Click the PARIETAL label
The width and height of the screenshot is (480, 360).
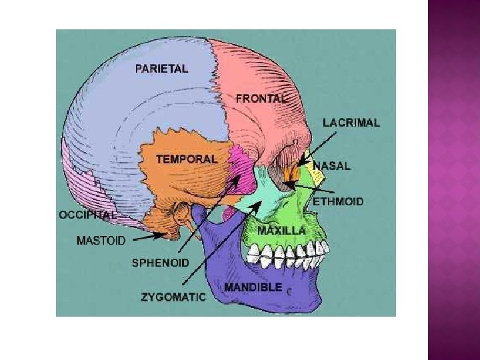coord(161,68)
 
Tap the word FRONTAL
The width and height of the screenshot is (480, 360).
coord(261,98)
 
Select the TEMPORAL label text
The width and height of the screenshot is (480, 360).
coord(186,159)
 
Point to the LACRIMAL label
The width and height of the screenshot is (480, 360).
coord(351,123)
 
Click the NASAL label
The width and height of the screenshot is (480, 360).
coord(331,166)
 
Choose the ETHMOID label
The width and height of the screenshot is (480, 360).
coord(338,201)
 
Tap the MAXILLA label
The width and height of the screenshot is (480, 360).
coord(281,231)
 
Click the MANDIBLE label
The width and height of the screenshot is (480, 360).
coord(253,287)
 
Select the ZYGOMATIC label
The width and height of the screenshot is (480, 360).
coord(173,298)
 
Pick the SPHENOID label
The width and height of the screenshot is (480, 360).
coord(160,263)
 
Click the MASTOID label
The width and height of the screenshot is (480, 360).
coord(100,241)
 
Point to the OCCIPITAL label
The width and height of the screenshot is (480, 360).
coord(87,215)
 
